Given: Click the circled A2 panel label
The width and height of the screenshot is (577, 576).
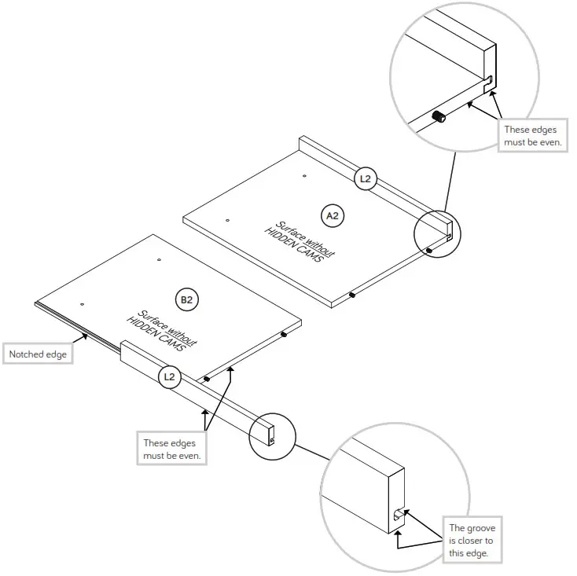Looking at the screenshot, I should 334,214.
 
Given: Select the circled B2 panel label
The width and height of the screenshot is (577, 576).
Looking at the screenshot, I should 186,299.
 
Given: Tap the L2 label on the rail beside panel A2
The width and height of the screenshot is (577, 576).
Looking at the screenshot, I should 365,179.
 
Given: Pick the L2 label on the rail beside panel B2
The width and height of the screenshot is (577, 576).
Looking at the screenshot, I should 169,376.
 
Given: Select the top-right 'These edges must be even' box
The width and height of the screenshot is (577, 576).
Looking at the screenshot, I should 533,135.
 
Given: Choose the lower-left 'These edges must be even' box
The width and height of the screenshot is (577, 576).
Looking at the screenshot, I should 171,449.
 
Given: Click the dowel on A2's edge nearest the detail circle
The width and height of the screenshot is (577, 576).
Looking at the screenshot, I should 428,251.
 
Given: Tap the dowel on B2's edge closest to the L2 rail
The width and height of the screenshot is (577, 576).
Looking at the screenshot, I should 207,378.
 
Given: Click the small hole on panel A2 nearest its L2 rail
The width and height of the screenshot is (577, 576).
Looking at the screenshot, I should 305,177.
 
